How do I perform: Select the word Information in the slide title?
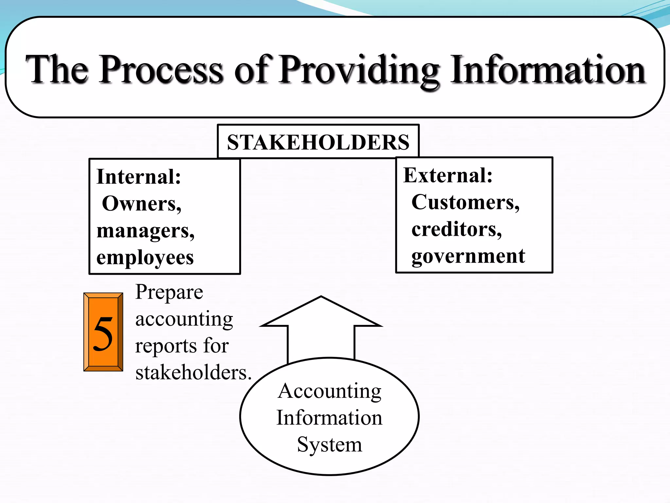click(548, 69)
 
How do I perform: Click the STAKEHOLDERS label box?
click(318, 142)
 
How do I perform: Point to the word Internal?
click(139, 177)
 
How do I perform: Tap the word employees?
click(145, 258)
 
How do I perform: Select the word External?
click(448, 175)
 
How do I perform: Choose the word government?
click(468, 256)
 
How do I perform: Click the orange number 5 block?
click(103, 332)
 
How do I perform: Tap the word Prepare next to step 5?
click(169, 292)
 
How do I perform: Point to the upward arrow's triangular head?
click(321, 313)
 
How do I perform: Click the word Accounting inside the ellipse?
click(329, 391)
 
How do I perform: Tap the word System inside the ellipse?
click(329, 445)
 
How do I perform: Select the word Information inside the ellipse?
click(329, 418)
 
